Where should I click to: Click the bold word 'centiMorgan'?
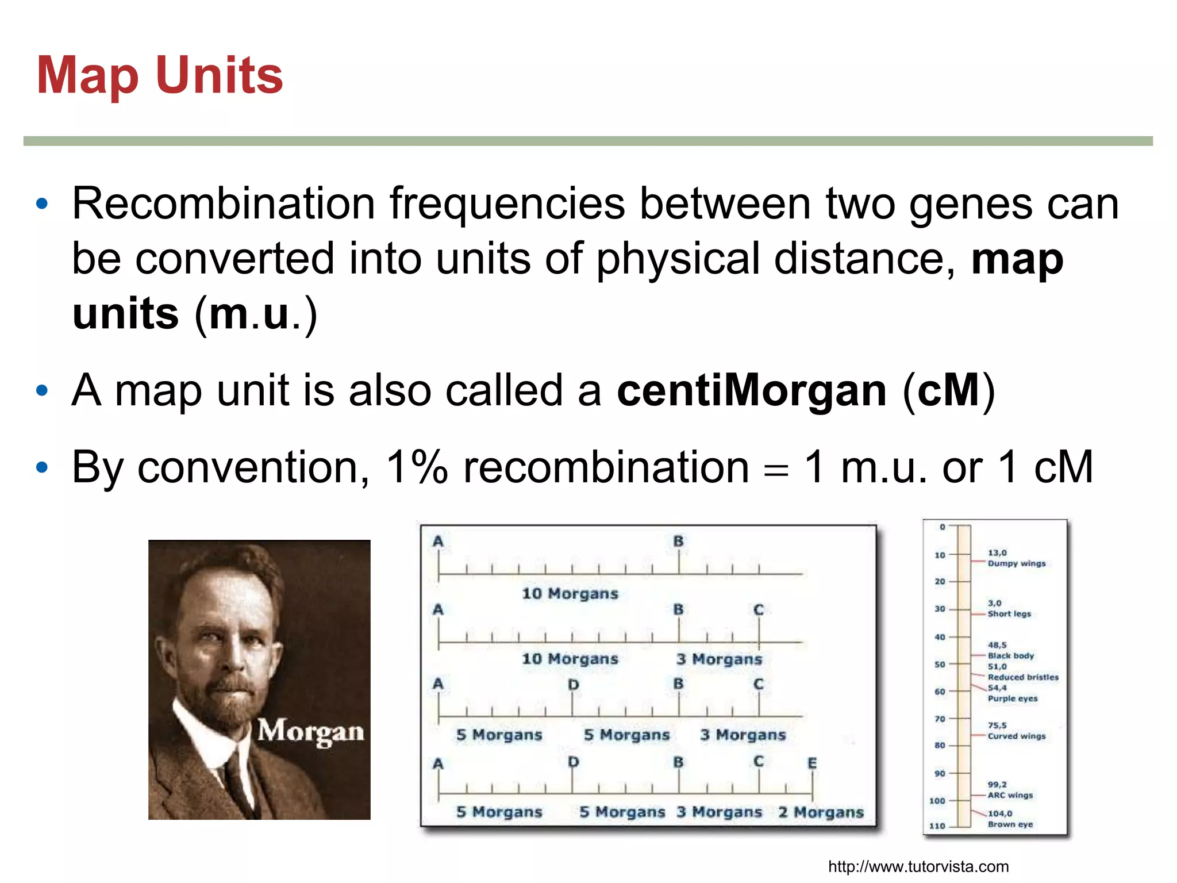click(752, 390)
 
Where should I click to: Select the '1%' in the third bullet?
click(417, 467)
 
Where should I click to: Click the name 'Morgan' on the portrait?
click(310, 731)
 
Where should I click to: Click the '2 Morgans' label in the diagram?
click(821, 812)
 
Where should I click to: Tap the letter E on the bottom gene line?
click(812, 763)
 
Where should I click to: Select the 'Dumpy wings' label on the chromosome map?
click(1016, 563)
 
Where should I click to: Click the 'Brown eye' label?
click(1010, 824)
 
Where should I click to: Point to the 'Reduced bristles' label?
click(1023, 677)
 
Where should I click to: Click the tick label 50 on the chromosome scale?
click(940, 665)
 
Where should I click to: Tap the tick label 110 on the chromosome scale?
click(937, 826)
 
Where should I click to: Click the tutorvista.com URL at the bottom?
click(918, 866)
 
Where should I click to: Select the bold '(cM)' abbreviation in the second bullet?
click(949, 390)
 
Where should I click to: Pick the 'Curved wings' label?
click(1016, 736)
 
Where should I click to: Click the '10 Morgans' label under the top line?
click(570, 593)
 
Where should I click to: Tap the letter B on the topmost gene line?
click(678, 541)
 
